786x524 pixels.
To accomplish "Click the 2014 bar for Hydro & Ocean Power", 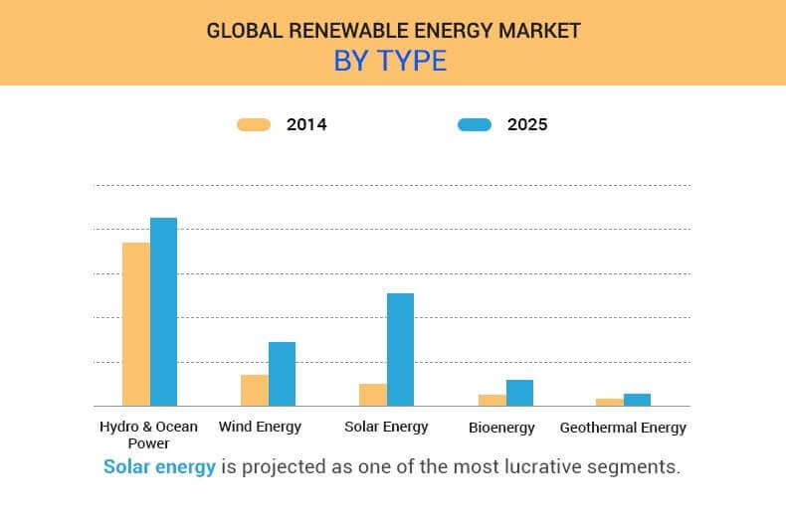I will click(x=136, y=324).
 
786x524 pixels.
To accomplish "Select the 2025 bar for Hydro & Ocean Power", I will click(x=163, y=311).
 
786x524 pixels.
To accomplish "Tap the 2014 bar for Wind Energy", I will click(x=255, y=390).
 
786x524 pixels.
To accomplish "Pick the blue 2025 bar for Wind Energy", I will click(x=282, y=374).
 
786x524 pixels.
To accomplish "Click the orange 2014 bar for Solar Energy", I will click(x=373, y=395).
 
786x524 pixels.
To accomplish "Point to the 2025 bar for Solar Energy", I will click(x=400, y=349).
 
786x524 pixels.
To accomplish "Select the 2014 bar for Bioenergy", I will click(x=491, y=400).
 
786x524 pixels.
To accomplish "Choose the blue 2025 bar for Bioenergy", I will click(x=519, y=393).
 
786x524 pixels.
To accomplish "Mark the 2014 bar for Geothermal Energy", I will click(x=610, y=402).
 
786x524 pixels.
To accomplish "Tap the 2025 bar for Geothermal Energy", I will click(x=637, y=400).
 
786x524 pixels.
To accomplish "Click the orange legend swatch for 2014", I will click(x=254, y=125).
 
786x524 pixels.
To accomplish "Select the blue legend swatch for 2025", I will click(x=475, y=125).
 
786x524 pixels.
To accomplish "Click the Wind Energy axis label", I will click(x=260, y=427).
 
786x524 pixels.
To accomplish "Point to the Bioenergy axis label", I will click(x=501, y=428).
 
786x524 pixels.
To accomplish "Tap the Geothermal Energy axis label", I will click(x=623, y=428).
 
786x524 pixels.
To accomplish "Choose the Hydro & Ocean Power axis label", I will click(x=148, y=435).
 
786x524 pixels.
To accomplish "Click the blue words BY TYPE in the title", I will click(x=390, y=62).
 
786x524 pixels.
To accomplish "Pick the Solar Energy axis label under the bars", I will click(x=386, y=427).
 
